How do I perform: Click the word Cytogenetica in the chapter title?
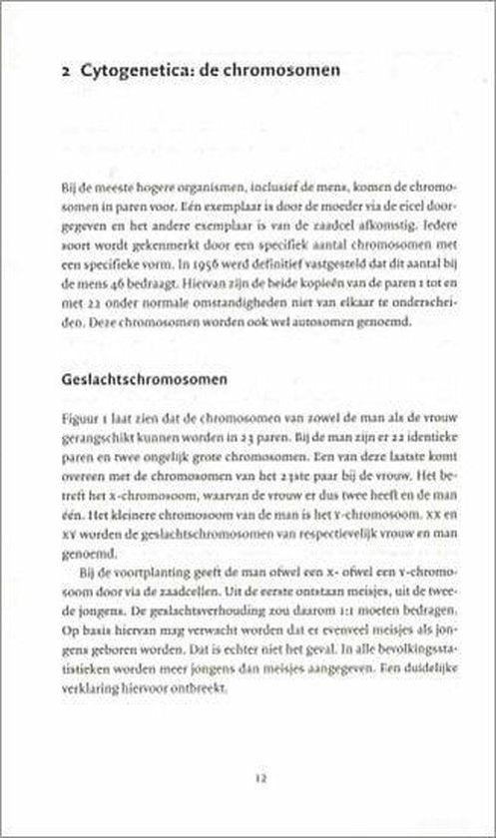click(122, 70)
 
